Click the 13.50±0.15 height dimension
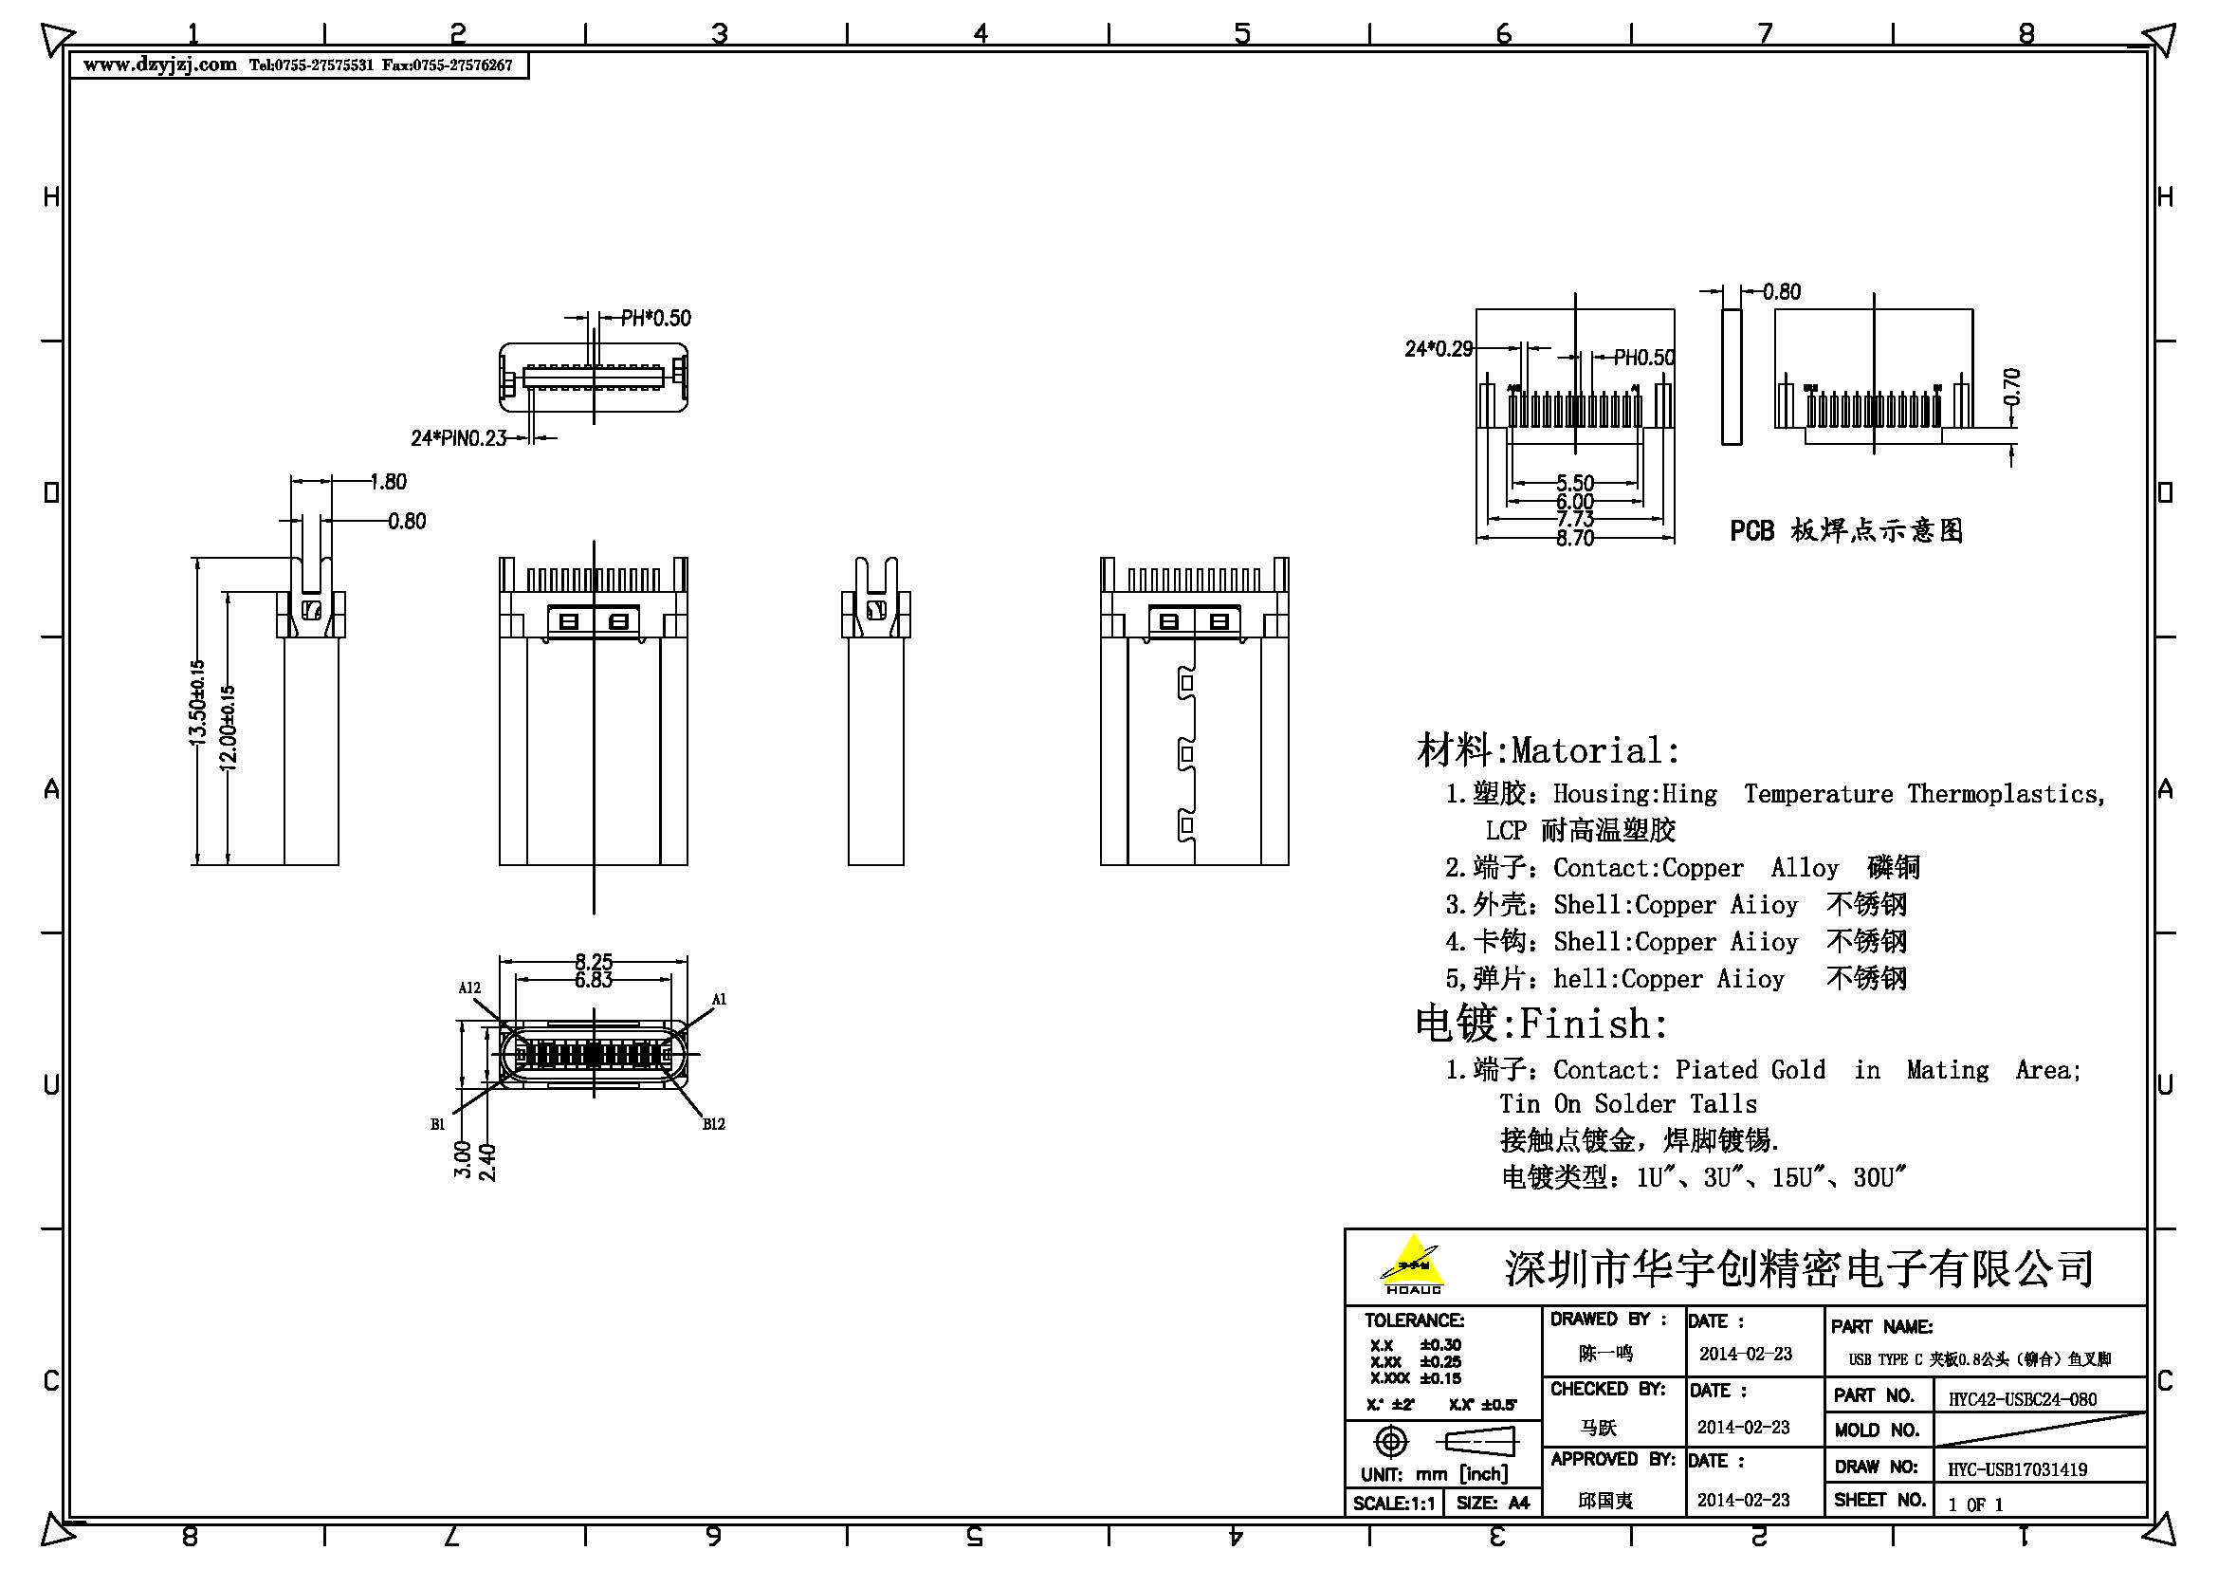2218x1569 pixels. click(x=197, y=701)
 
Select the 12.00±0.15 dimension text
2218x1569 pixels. click(x=228, y=727)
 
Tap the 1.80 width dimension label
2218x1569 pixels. click(x=389, y=481)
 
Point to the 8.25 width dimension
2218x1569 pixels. click(x=593, y=961)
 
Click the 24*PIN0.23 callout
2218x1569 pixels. click(x=458, y=437)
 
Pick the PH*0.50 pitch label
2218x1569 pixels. click(x=656, y=318)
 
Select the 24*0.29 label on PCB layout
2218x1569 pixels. click(x=1439, y=348)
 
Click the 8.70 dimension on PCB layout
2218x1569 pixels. click(x=1575, y=538)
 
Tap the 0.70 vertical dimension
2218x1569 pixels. click(x=2011, y=386)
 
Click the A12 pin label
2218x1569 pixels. click(x=469, y=988)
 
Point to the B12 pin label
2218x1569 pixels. click(x=713, y=1123)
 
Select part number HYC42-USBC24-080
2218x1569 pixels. click(x=2022, y=1399)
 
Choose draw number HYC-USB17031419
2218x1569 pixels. click(x=2017, y=1469)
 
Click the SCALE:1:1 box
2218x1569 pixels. click(x=1393, y=1503)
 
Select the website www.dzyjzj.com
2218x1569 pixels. click(x=159, y=65)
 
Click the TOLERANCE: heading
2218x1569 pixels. click(x=1413, y=1320)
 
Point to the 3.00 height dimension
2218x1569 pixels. click(x=463, y=1158)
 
